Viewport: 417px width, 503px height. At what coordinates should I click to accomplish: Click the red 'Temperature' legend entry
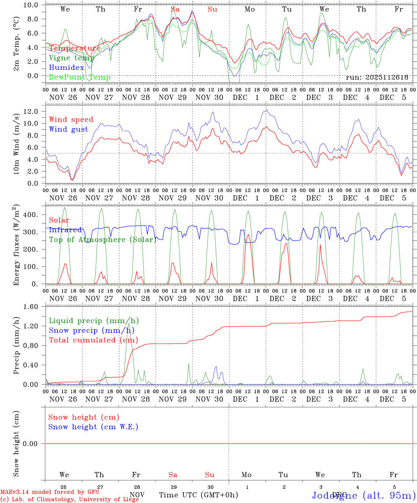coord(74,48)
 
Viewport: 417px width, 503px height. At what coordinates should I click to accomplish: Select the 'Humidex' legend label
coord(66,67)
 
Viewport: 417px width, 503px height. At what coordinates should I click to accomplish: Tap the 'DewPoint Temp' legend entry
coord(80,77)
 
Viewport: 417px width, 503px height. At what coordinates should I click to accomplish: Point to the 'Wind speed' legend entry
coord(71,119)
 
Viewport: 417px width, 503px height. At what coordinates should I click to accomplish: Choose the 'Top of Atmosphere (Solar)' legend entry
coord(103,240)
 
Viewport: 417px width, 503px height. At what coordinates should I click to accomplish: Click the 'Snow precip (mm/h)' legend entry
coord(92,330)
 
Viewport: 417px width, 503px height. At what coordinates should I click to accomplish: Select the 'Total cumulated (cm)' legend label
coord(93,340)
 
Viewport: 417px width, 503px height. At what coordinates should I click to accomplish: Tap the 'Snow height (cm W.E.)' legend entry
coord(93,427)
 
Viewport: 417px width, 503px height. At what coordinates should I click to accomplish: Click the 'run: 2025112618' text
coord(377,77)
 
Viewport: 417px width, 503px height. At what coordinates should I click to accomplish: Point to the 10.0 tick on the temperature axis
coord(32,5)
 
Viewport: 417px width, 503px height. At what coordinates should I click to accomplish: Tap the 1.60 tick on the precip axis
coord(32,307)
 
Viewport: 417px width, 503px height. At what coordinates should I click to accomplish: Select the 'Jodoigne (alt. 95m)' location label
coord(364,495)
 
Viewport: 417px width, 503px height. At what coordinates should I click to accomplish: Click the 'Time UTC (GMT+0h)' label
coord(199,495)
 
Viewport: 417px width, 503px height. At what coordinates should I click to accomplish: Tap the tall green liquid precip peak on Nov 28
coord(129,324)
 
